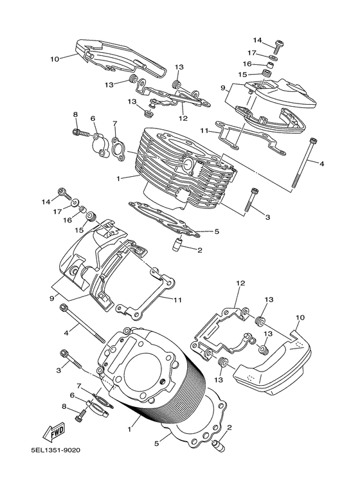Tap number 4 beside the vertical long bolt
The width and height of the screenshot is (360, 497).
322,164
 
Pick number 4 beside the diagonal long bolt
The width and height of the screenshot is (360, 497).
66,333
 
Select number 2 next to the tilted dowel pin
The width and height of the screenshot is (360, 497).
229,427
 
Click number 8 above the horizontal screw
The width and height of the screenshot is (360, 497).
75,115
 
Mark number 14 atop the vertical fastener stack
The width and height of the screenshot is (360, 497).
257,40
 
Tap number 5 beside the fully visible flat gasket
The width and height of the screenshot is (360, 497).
217,231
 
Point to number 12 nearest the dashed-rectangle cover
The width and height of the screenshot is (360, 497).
240,284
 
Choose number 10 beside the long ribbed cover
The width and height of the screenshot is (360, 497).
54,59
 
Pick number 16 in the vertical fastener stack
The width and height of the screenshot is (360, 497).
246,64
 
